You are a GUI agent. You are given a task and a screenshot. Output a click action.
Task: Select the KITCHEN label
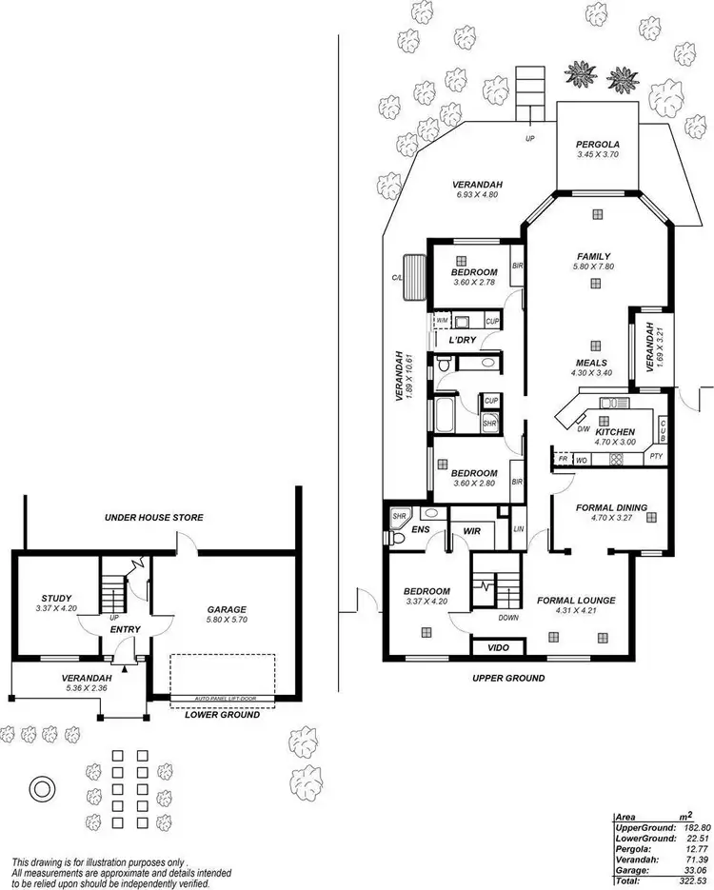615,431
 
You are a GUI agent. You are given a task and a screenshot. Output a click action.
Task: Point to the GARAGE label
227,609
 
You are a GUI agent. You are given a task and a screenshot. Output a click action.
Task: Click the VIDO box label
498,647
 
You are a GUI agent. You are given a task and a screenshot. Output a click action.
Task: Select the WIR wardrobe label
472,531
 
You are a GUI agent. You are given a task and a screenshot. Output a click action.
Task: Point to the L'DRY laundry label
462,340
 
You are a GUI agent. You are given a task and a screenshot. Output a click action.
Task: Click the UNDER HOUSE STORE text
153,517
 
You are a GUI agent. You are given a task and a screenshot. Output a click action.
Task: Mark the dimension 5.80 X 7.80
592,267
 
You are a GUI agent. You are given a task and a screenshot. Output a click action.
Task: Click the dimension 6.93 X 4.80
477,196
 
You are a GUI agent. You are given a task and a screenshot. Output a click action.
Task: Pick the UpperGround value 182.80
689,828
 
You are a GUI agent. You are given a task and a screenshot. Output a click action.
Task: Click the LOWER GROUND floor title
223,714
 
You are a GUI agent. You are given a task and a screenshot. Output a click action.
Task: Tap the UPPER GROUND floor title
508,678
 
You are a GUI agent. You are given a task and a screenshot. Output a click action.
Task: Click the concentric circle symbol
42,787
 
